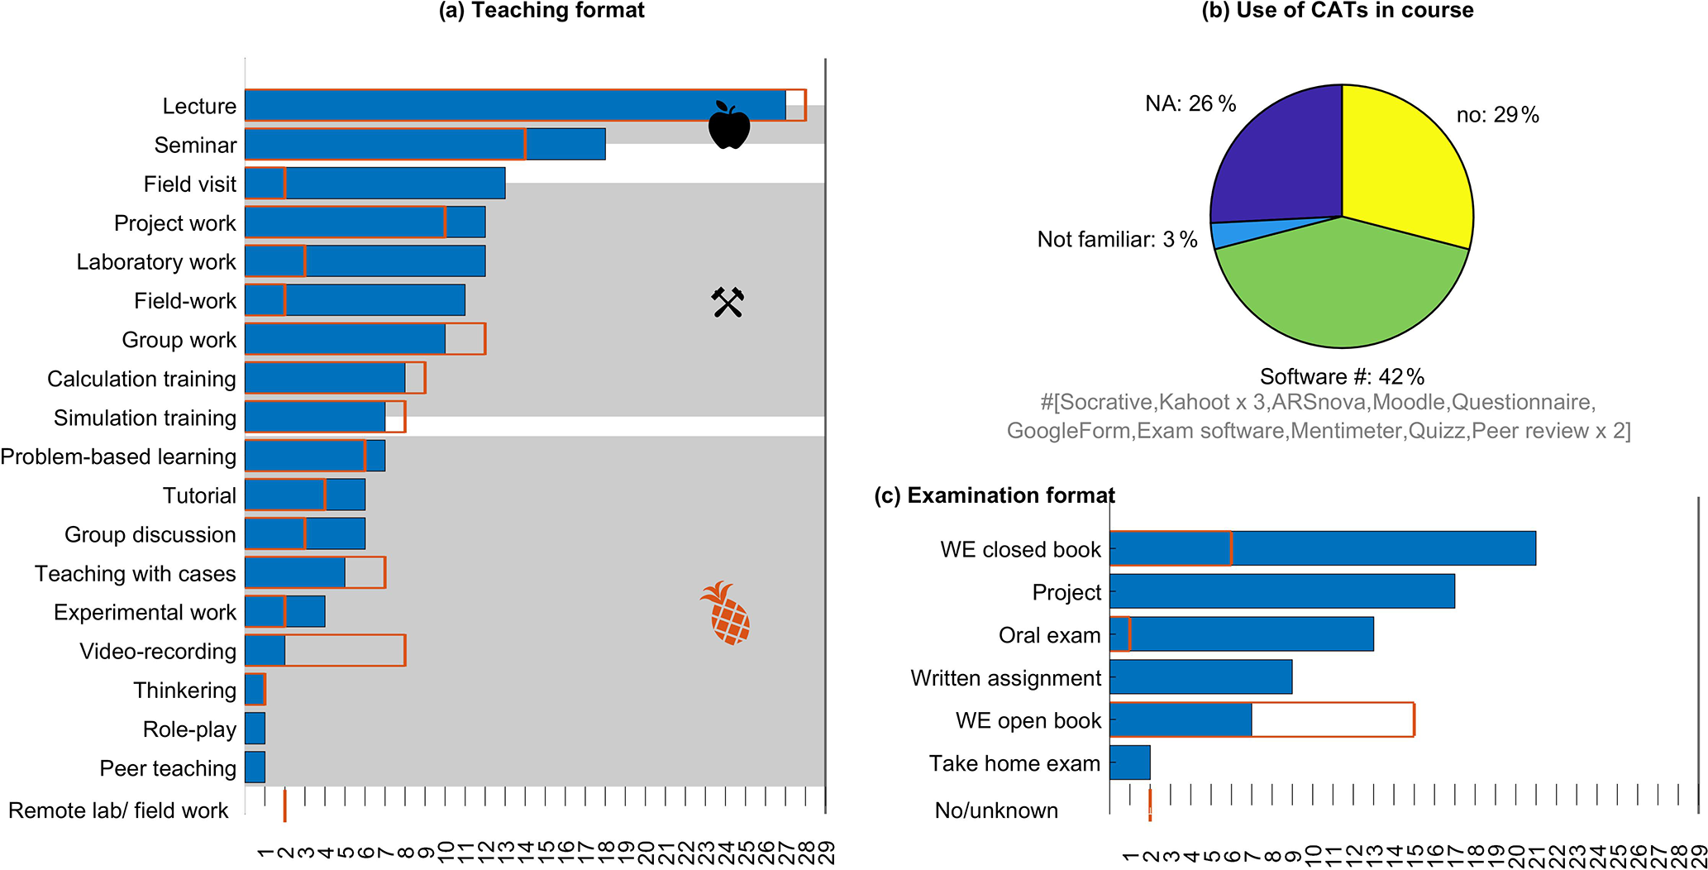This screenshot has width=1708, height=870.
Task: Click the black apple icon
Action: pyautogui.click(x=729, y=127)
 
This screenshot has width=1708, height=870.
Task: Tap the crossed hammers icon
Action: pyautogui.click(x=728, y=303)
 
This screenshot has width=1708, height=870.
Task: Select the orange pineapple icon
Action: pyautogui.click(x=726, y=613)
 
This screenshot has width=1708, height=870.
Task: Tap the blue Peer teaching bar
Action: pyautogui.click(x=255, y=767)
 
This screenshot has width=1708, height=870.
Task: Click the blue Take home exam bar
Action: pyautogui.click(x=1129, y=762)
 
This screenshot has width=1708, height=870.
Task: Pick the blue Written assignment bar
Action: pyautogui.click(x=1200, y=677)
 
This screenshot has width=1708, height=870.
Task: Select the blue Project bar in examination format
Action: pyautogui.click(x=1281, y=591)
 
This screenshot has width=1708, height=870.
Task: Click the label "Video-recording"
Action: pyautogui.click(x=158, y=652)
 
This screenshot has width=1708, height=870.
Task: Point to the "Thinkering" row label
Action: pyautogui.click(x=184, y=691)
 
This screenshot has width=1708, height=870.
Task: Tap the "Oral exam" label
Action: pyautogui.click(x=1049, y=635)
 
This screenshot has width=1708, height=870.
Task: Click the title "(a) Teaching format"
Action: pyautogui.click(x=542, y=11)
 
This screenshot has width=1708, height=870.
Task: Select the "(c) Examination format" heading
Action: pyautogui.click(x=995, y=495)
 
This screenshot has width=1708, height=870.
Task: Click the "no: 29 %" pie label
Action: pyautogui.click(x=1497, y=115)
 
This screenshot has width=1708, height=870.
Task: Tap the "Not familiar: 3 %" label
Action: pyautogui.click(x=1117, y=240)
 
